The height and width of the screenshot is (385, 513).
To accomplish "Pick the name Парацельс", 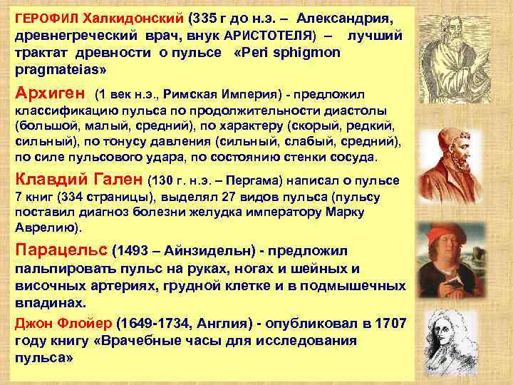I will coord(61,251).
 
